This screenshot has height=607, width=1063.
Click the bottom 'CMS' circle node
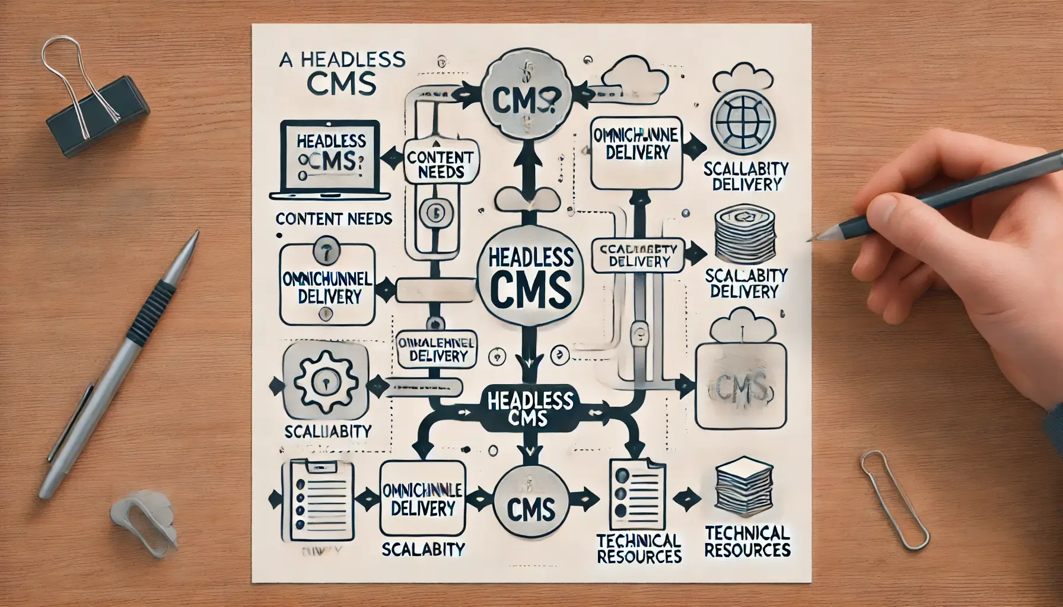[531, 508]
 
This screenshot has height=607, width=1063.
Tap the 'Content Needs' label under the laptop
[334, 219]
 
